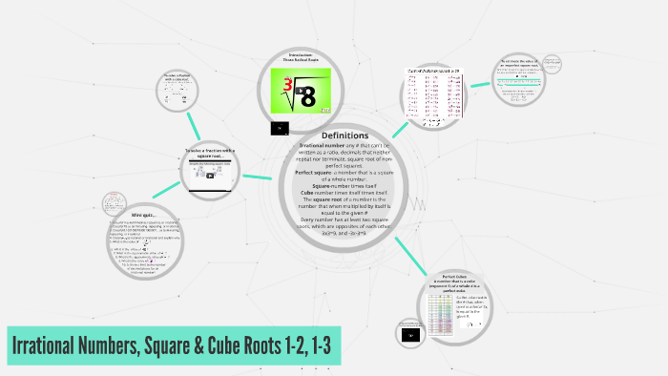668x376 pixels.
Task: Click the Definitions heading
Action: tap(344, 135)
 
